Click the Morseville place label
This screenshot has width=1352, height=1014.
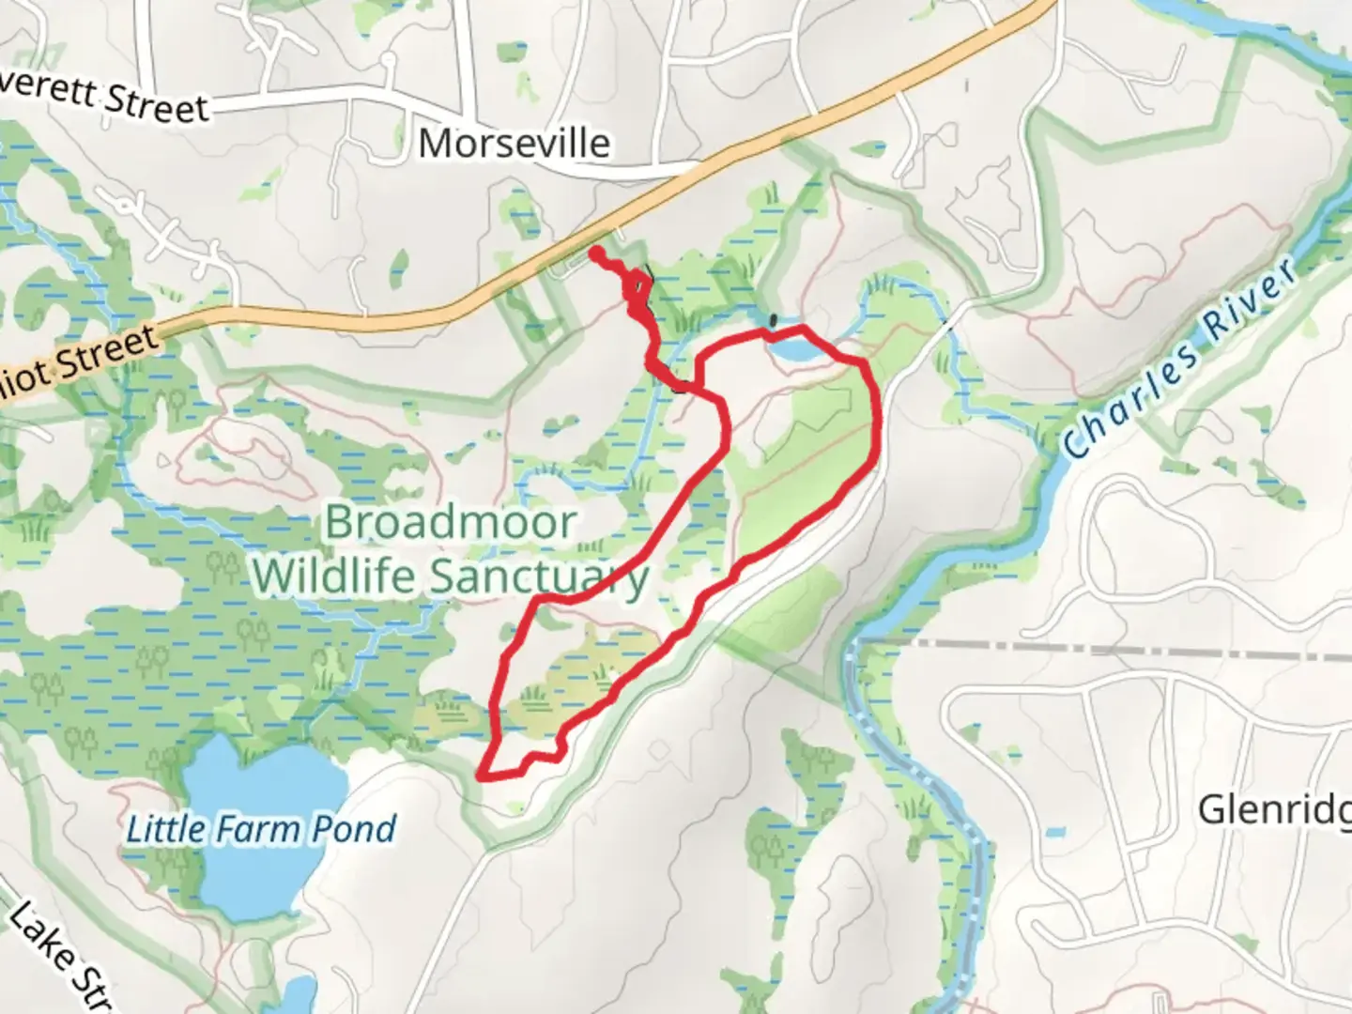point(514,144)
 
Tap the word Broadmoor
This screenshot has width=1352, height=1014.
point(450,523)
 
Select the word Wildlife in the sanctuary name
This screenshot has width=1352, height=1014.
point(334,576)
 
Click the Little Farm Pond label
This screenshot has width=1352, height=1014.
point(261,829)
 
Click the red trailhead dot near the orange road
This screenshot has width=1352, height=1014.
point(595,252)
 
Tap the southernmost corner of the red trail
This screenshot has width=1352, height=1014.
point(482,776)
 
